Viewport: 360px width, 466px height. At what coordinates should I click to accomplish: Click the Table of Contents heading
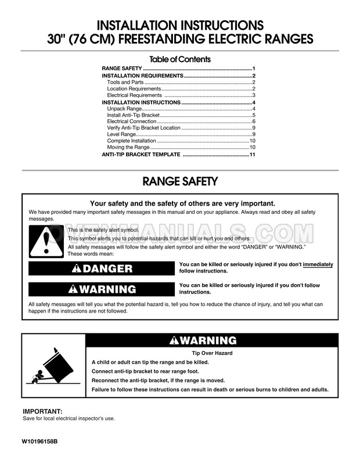(179, 59)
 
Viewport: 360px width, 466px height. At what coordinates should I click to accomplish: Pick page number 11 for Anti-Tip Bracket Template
(253, 154)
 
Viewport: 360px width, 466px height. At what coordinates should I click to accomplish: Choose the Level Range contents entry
(121, 134)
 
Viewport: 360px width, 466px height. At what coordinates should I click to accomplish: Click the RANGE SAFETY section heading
(180, 181)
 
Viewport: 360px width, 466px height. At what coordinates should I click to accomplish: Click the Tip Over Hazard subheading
(211, 353)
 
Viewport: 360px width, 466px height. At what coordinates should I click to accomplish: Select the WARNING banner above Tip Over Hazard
(211, 340)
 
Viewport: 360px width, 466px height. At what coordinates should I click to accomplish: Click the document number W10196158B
(40, 442)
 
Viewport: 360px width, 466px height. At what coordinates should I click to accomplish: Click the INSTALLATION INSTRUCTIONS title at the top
(179, 26)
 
